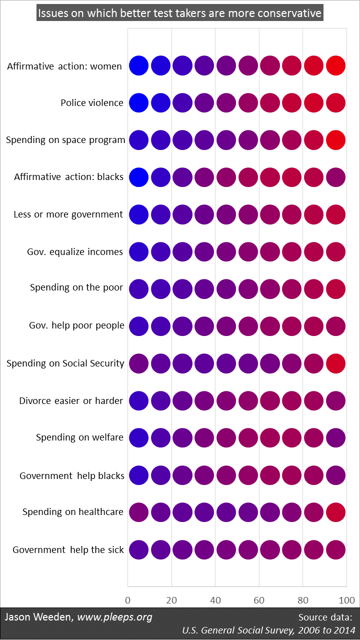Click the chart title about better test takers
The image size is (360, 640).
[x=180, y=13]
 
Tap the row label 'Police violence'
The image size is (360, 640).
[x=92, y=103]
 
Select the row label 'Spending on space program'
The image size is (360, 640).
[x=65, y=140]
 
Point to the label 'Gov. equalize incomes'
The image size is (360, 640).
[x=75, y=251]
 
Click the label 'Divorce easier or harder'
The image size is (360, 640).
[x=71, y=401]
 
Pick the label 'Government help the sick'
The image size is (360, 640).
[x=68, y=550]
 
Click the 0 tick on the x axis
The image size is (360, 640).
[x=128, y=600]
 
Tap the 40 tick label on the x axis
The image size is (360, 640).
[x=215, y=600]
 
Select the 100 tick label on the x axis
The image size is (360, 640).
[x=346, y=600]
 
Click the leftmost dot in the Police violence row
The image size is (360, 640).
[x=138, y=102]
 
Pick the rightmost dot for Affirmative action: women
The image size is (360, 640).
[x=335, y=65]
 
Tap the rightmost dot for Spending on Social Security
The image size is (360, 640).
[x=335, y=363]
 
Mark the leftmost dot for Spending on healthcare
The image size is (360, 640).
[x=138, y=512]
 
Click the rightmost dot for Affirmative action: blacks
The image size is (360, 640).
[x=335, y=177]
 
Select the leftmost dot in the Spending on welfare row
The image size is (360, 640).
[x=138, y=437]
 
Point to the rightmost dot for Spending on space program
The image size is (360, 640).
[x=335, y=140]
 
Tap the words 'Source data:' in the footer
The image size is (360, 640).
[x=325, y=617]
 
